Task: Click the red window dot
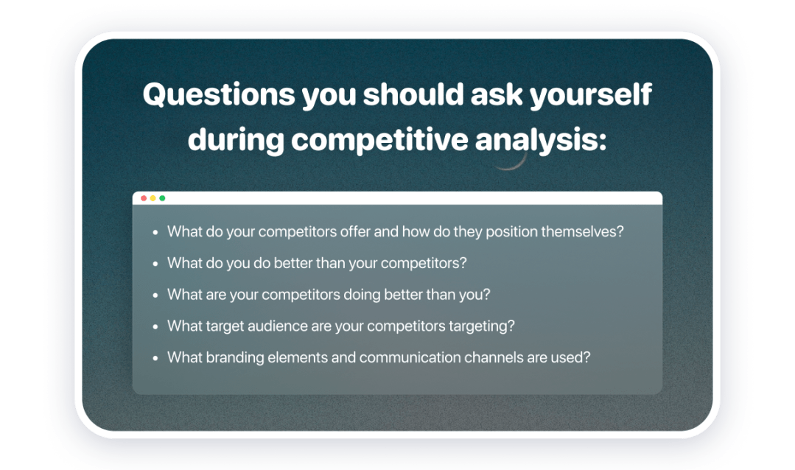(x=144, y=198)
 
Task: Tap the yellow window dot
(x=153, y=198)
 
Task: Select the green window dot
(x=162, y=198)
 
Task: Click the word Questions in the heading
(x=219, y=95)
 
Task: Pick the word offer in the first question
(x=355, y=232)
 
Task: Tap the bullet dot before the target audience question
(x=155, y=326)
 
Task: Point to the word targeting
(x=482, y=326)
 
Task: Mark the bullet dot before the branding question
(x=155, y=358)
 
